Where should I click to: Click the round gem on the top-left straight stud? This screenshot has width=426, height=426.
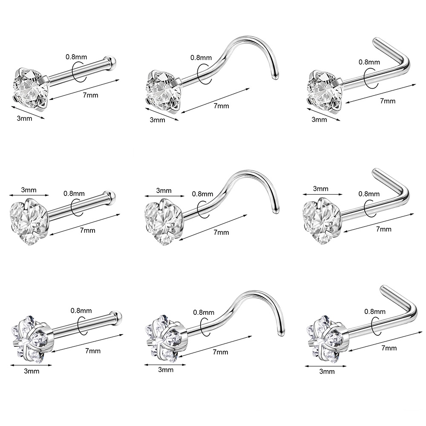tap(30, 87)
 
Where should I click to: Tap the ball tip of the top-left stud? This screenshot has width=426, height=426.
tap(112, 60)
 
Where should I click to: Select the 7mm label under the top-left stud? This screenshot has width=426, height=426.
tap(90, 95)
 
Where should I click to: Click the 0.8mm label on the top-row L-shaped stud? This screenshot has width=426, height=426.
tap(369, 62)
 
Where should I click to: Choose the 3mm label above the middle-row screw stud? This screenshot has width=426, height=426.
tap(164, 190)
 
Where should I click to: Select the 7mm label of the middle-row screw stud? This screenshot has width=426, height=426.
tap(221, 232)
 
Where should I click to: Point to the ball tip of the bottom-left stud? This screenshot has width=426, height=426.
tap(118, 316)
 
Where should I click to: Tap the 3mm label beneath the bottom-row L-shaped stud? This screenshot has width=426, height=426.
tap(327, 371)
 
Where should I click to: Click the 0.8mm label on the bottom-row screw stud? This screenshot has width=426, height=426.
tap(204, 312)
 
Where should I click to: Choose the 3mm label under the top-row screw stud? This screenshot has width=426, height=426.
tap(157, 120)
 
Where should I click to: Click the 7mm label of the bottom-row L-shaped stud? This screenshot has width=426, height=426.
tap(389, 348)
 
